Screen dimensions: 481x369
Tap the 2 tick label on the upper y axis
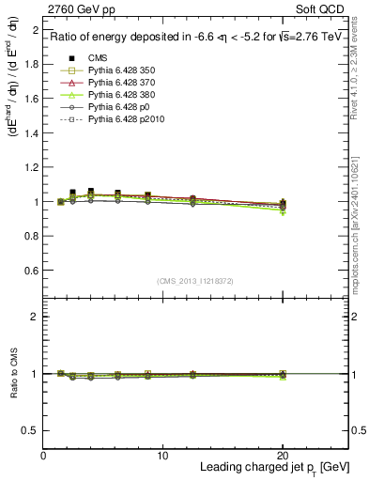click(x=34, y=31)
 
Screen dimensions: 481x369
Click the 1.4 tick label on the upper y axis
click(x=30, y=133)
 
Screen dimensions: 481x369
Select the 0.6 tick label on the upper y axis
click(x=30, y=271)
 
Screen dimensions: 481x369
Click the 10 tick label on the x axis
click(x=162, y=455)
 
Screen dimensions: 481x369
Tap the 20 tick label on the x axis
click(x=283, y=455)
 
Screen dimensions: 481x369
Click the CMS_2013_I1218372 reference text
click(x=195, y=281)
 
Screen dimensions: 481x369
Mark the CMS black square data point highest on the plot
click(x=73, y=192)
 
